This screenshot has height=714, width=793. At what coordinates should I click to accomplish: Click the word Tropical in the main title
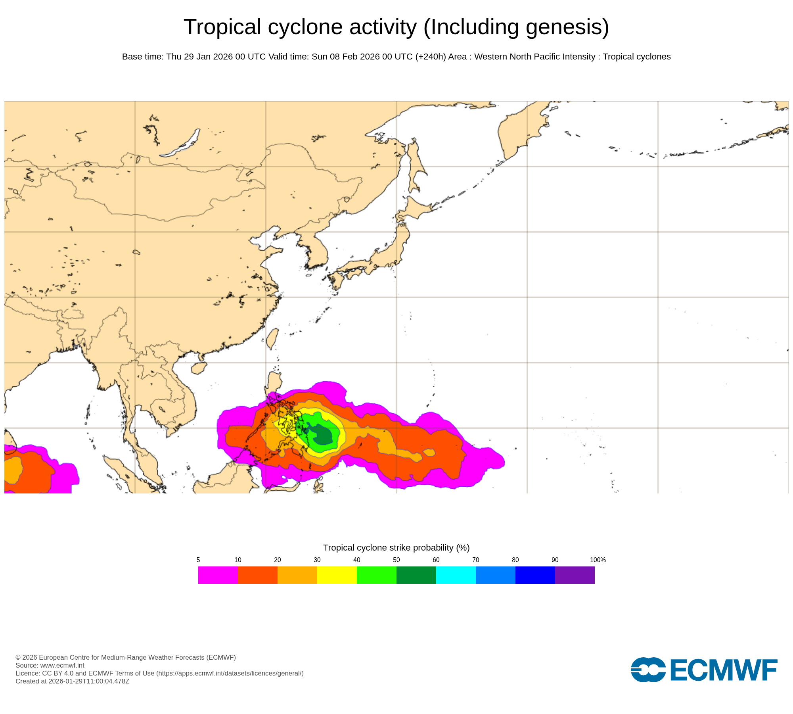[222, 27]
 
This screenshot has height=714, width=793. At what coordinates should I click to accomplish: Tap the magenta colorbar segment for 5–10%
[218, 575]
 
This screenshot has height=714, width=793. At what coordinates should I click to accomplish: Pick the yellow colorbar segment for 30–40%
[337, 575]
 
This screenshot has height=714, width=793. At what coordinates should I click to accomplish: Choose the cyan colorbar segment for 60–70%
[456, 575]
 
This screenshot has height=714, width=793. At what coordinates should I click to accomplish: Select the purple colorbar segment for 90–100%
[575, 575]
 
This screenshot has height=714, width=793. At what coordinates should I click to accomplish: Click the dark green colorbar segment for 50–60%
[416, 575]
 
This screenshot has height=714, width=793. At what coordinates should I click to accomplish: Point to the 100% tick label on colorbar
[598, 560]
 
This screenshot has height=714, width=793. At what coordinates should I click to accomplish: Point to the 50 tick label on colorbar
[396, 560]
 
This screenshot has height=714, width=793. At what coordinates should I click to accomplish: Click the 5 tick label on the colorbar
[198, 560]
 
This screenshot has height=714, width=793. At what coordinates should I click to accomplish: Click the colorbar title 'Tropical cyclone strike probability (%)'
[396, 547]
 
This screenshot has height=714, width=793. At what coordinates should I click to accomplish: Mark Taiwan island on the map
[272, 338]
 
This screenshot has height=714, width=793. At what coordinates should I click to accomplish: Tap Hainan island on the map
[199, 368]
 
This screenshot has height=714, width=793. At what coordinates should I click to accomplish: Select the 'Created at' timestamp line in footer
[73, 681]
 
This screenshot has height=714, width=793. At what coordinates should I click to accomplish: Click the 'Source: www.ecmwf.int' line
[50, 665]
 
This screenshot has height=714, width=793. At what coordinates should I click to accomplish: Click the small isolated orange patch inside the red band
[429, 452]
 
